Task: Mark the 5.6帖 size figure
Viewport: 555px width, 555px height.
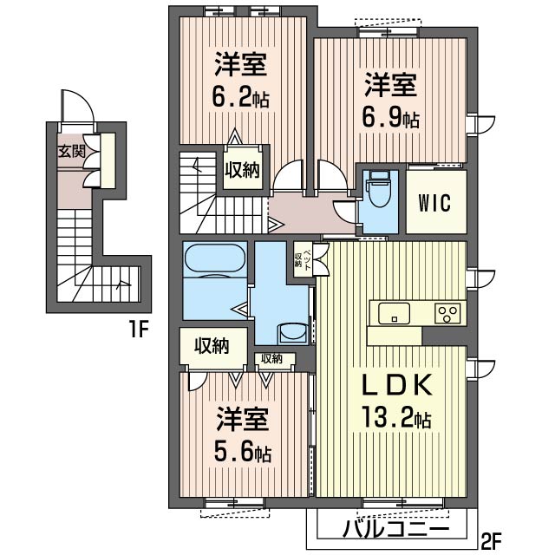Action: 240,452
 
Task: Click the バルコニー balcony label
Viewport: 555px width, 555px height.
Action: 395,528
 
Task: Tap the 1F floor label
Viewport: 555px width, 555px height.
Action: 140,330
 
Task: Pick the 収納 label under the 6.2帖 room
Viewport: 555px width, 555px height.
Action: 244,170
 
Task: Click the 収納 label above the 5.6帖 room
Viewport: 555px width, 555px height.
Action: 211,346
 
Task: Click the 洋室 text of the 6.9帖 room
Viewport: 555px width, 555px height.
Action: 390,85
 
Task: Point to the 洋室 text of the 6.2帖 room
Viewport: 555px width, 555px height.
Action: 240,64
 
